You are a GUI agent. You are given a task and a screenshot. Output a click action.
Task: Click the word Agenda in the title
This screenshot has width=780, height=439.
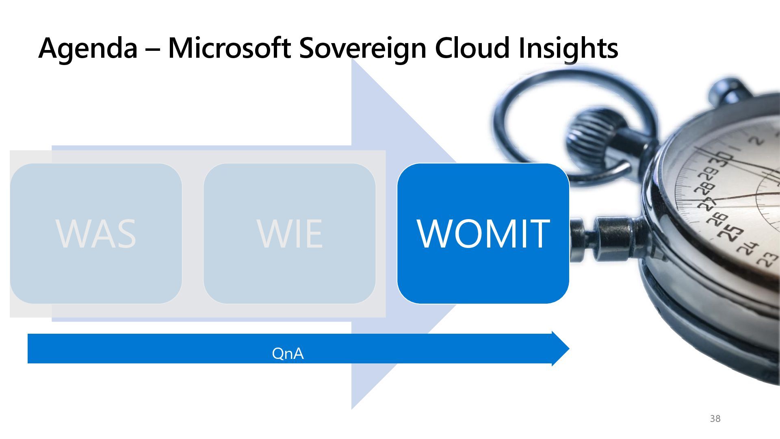(88, 48)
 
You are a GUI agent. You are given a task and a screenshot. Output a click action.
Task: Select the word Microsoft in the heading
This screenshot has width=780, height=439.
(229, 48)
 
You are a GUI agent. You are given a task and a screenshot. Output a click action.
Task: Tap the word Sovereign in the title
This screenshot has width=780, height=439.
(363, 48)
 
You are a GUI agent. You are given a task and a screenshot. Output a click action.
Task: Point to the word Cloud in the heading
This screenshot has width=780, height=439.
(472, 48)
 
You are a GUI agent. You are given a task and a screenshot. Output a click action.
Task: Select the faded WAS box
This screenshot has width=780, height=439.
(96, 233)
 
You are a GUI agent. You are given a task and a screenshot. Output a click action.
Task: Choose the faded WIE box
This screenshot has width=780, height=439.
(289, 233)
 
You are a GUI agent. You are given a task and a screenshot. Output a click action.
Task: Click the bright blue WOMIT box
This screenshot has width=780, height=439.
(483, 233)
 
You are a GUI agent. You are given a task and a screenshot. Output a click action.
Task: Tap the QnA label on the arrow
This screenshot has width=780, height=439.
(288, 353)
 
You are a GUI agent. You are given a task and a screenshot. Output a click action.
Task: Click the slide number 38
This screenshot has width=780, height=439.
(715, 419)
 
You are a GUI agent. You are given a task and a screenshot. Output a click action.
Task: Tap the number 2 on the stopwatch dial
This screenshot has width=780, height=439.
(756, 141)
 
